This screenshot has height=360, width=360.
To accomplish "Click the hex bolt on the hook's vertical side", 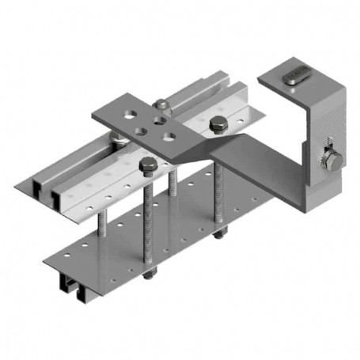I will [333, 161].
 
